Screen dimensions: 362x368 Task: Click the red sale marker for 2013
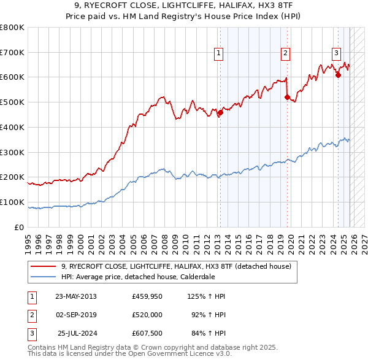(x=220, y=112)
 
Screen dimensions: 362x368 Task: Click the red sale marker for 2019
(x=287, y=97)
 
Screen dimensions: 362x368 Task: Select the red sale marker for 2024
(x=338, y=75)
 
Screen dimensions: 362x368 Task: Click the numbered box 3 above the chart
(x=337, y=52)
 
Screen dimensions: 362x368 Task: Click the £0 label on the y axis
(x=20, y=227)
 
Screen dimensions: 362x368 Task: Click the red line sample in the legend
(x=44, y=266)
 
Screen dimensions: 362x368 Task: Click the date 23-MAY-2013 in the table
(x=75, y=296)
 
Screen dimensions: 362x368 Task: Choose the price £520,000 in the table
(x=147, y=315)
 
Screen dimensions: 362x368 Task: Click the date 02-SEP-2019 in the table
(x=75, y=315)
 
